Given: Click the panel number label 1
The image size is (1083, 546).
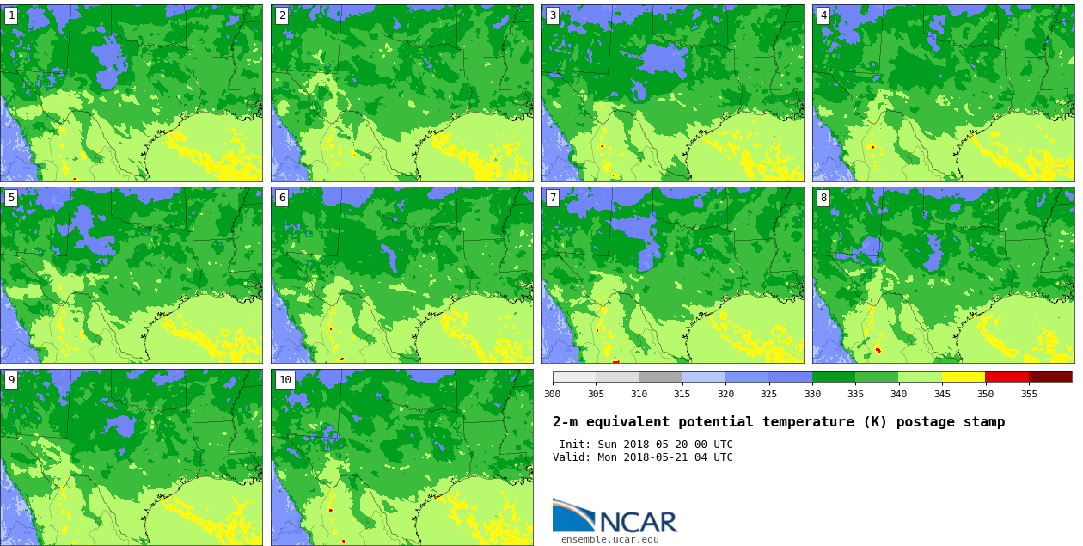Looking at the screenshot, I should tap(11, 15).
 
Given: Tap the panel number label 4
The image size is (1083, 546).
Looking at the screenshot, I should tap(823, 15).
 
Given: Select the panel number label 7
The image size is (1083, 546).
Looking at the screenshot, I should tap(553, 198).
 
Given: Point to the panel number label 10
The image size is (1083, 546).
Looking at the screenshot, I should tap(285, 380).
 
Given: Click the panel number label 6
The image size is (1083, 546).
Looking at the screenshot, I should tap(282, 198).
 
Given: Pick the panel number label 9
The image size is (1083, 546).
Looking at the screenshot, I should tap(11, 380).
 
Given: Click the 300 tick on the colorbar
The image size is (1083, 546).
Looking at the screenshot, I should tap(553, 394).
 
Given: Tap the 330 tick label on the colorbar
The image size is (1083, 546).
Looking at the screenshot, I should tap(812, 394).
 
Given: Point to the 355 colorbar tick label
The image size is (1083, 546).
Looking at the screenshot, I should tap(1029, 394).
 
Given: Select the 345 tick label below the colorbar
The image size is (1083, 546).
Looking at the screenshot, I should tap(942, 394).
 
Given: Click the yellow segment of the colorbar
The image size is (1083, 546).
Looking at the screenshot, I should tap(964, 377).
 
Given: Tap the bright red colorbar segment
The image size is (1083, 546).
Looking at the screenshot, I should tap(1007, 377).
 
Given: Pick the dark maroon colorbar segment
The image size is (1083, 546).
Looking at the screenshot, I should tap(1050, 377).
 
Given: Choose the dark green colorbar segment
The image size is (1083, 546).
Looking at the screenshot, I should tap(834, 377).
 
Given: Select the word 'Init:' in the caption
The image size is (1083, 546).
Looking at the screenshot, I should tap(575, 445).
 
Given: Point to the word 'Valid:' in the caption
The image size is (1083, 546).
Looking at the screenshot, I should tap(572, 457).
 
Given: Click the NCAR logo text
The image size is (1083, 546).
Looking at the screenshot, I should tap(638, 522).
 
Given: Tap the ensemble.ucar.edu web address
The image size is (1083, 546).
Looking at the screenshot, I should tap(609, 540).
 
